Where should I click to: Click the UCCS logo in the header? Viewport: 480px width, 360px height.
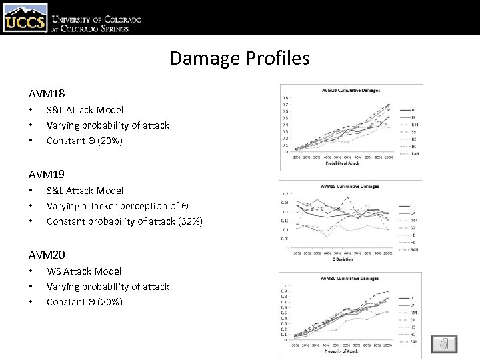point(25,18)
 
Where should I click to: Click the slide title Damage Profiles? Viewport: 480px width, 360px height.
point(239,58)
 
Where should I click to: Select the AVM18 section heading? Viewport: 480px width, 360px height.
point(47,94)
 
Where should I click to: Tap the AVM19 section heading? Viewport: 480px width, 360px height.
point(47,174)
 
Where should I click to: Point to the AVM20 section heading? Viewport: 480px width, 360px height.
point(47,255)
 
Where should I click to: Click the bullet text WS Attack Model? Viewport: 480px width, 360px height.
point(84,271)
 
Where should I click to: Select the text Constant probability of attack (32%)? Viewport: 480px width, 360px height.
point(125,221)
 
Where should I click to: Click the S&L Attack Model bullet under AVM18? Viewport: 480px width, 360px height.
point(85,109)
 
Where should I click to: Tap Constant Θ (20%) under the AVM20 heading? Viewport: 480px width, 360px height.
point(85,301)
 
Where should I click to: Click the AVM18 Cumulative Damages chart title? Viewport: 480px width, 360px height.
point(350,90)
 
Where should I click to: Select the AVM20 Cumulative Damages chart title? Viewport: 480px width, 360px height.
point(350,278)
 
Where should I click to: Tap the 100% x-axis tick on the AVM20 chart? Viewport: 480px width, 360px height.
point(388,345)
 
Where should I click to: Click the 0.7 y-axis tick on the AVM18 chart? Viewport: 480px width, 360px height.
point(285,105)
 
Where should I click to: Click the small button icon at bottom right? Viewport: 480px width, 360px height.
point(444,344)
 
